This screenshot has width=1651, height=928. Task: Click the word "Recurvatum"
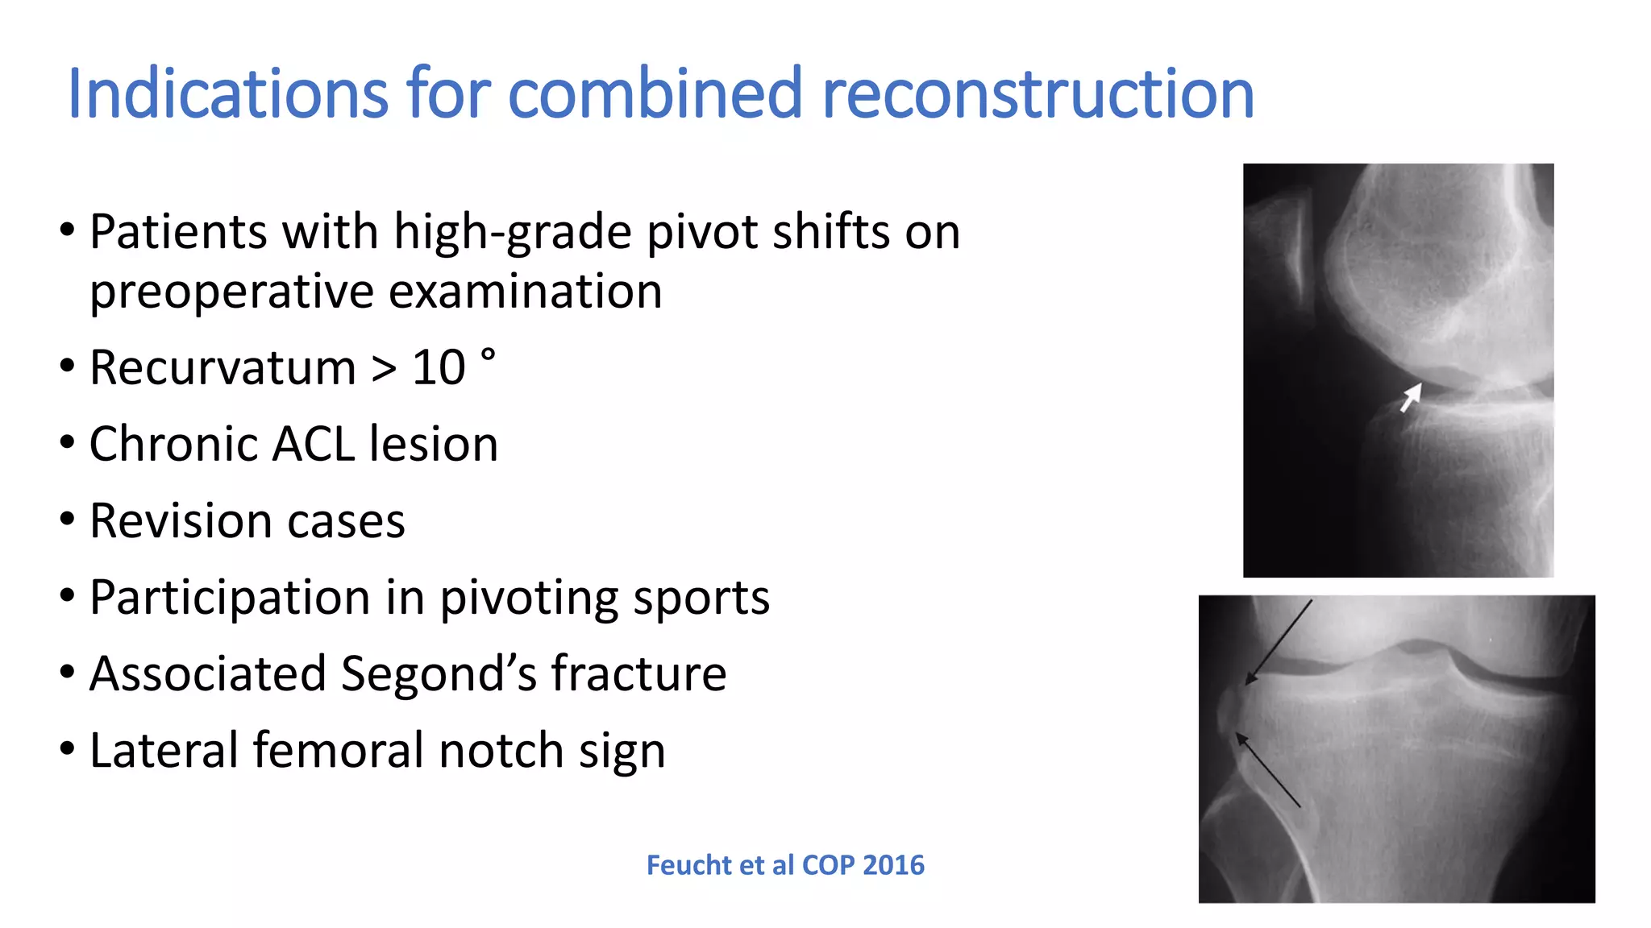222,367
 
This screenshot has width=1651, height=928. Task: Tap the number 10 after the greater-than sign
439,367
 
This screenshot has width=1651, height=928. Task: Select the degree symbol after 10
488,354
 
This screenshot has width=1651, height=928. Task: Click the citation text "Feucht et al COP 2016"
785,865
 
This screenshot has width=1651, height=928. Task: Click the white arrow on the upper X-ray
1410,397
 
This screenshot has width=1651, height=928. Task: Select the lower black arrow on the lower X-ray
1268,769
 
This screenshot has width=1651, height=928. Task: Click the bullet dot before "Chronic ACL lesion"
68,442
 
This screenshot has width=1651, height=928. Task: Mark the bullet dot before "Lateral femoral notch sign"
68,748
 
